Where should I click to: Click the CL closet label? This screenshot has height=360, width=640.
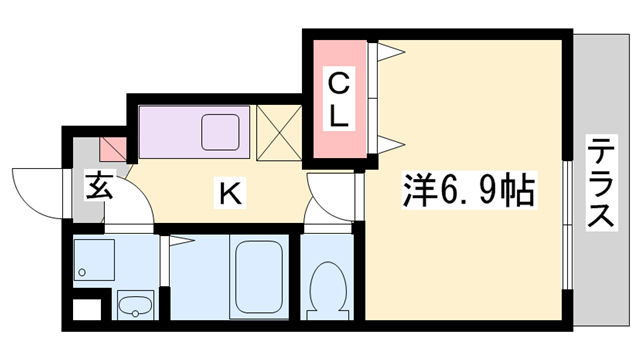(x=339, y=98)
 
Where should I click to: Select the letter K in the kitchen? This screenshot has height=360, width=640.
(x=229, y=192)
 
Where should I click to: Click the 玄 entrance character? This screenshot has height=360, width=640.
(x=98, y=186)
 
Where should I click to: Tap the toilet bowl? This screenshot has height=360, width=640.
(x=326, y=286)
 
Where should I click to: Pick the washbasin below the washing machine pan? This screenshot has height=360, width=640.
(x=133, y=305)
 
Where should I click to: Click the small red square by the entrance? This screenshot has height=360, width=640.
(x=113, y=150)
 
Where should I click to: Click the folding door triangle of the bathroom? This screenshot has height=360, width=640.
(x=180, y=240)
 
